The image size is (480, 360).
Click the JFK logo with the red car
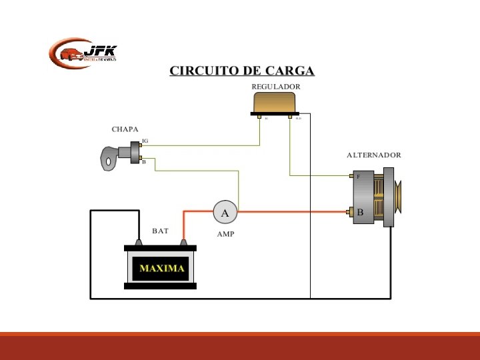click(x=83, y=53)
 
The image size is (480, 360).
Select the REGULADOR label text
click(x=275, y=87)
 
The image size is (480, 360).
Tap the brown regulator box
click(x=275, y=103)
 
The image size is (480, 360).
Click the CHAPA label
click(x=125, y=129)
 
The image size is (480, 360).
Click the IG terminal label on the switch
click(x=145, y=141)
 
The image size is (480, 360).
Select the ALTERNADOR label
click(x=373, y=155)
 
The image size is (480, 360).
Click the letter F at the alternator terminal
click(x=358, y=177)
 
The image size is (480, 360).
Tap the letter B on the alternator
click(x=360, y=213)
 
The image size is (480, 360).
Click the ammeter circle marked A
click(x=225, y=213)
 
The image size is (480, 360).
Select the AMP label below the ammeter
click(x=225, y=235)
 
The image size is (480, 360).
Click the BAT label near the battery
click(x=160, y=231)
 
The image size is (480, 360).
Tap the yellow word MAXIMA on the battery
click(x=162, y=269)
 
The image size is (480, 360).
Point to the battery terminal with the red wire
click(x=183, y=242)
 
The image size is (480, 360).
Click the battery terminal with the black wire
click(x=139, y=242)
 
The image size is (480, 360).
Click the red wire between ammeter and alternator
click(x=293, y=212)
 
